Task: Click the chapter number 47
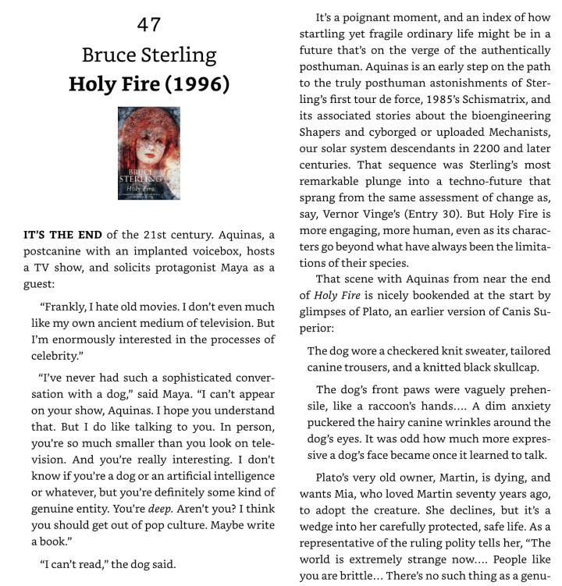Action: [x=148, y=24]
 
